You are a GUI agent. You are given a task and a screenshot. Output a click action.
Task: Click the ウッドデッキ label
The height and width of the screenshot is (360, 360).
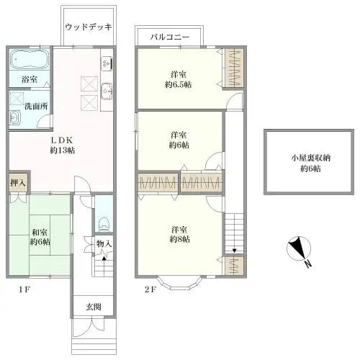[x=88, y=27]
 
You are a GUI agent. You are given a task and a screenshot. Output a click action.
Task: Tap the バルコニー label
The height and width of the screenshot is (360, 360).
[x=169, y=35]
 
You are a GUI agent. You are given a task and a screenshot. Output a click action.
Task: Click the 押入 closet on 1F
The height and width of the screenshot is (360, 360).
[x=19, y=183]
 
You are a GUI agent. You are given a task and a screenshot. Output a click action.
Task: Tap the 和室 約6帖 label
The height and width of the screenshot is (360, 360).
[x=41, y=238]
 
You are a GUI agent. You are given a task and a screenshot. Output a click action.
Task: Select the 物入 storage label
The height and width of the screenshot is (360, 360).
[x=105, y=245]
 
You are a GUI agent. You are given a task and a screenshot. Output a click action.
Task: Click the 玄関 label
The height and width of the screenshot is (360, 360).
[x=94, y=307]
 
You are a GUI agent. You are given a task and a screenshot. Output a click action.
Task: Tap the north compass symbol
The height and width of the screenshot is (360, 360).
[x=297, y=251]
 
